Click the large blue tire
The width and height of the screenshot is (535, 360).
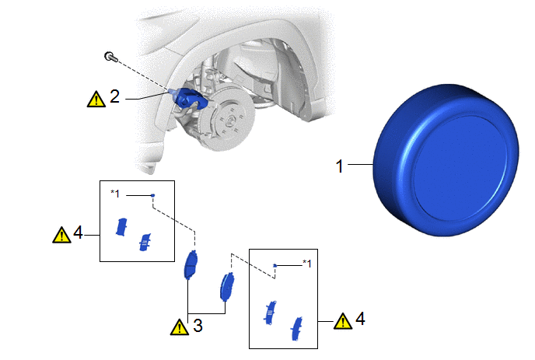[446, 159]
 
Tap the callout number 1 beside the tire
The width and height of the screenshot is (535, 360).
[339, 166]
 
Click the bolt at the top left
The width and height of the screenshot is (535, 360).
[111, 57]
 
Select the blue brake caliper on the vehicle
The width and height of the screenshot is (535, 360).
[188, 98]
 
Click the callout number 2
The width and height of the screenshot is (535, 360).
[114, 96]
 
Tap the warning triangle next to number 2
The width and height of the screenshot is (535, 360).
[96, 100]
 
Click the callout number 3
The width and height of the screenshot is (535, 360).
[198, 325]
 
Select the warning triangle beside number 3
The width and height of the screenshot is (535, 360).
[180, 327]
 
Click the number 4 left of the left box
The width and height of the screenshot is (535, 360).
[78, 232]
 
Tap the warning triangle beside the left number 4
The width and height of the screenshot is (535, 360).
[61, 235]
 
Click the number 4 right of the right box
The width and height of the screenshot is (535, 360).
[360, 318]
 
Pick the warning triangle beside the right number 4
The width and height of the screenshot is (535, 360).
[343, 321]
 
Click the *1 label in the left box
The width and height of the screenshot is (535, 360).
[115, 194]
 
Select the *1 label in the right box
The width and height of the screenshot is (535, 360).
[307, 264]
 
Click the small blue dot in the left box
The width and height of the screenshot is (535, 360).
[153, 195]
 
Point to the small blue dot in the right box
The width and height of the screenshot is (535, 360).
[274, 265]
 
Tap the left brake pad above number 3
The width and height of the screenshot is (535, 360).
[191, 264]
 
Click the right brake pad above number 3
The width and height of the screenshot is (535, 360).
[227, 287]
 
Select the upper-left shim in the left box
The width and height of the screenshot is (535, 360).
[121, 227]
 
